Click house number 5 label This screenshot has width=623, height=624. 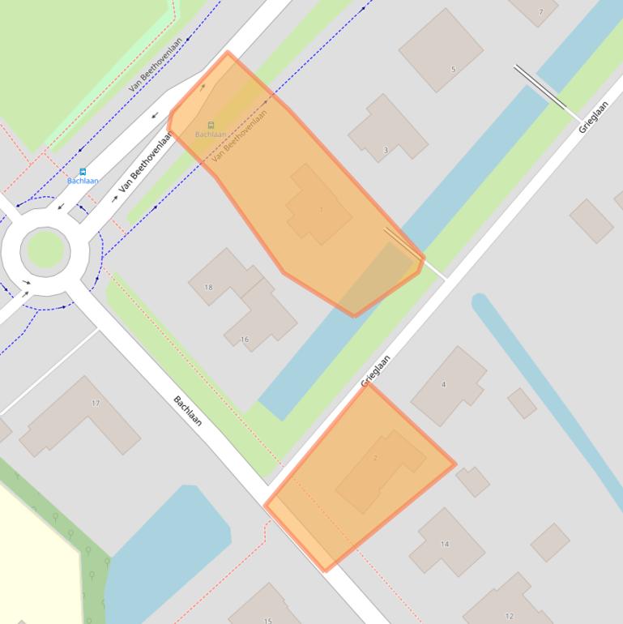tap(454, 70)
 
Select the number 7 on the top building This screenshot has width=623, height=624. tap(540, 12)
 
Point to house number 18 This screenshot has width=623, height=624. tap(208, 287)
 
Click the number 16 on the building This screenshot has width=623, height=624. tap(245, 340)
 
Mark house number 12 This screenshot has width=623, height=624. tap(510, 616)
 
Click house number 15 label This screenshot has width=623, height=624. tap(268, 621)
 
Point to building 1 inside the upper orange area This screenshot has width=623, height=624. tap(319, 210)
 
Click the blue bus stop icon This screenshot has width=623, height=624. tap(83, 172)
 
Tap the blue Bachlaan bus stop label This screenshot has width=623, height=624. tap(83, 181)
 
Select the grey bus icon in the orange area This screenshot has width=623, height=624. tap(211, 126)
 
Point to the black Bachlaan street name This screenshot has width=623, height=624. tap(188, 411)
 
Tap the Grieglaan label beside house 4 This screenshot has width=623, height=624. tap(375, 370)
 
